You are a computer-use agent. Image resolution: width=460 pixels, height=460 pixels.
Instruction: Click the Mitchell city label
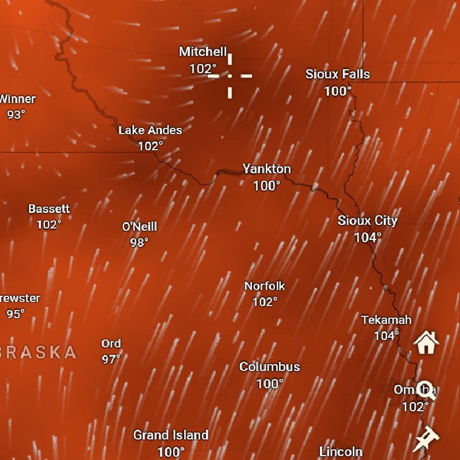tap(203, 52)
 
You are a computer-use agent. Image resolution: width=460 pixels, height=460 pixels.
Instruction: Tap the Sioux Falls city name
tap(337, 74)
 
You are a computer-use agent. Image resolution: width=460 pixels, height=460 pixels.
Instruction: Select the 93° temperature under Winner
tap(16, 115)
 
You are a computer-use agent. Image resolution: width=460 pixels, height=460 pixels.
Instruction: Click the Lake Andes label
tap(150, 130)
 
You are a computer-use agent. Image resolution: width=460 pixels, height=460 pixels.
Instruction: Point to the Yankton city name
tap(266, 169)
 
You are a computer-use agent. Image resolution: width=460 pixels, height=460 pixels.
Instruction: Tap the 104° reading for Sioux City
tap(368, 237)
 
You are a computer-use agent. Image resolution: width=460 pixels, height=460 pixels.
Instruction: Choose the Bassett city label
tap(49, 209)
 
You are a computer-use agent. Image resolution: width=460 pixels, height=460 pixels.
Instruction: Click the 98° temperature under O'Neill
tap(139, 242)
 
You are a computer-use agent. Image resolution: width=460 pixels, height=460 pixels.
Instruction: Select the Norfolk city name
tap(264, 286)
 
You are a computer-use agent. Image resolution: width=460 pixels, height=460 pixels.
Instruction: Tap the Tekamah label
tap(386, 320)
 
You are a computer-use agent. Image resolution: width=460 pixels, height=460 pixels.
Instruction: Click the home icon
tap(426, 342)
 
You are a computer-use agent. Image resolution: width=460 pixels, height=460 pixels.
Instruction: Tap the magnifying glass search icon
tap(426, 390)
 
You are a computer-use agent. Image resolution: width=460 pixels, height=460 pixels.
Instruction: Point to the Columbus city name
tap(269, 367)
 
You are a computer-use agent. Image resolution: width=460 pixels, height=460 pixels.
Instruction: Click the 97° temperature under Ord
tap(111, 359)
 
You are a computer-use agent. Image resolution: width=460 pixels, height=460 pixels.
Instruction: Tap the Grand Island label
tap(171, 435)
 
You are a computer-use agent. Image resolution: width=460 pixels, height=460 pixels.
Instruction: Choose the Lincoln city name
tap(341, 451)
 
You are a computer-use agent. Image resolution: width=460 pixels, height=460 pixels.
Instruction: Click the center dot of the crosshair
tap(230, 76)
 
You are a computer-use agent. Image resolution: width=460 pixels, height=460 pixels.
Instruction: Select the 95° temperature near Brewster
tap(15, 314)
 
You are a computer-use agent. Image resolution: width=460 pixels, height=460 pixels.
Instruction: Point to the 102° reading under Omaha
tap(415, 407)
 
